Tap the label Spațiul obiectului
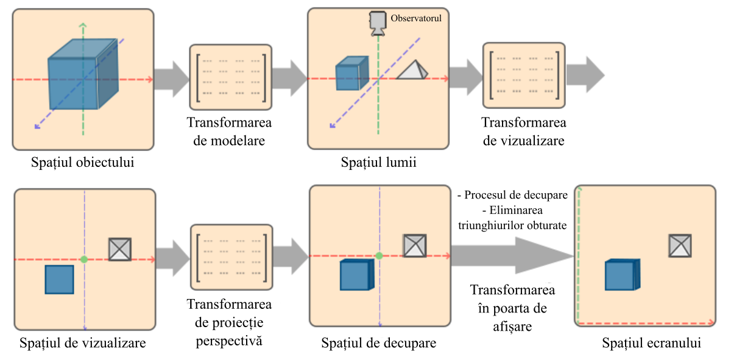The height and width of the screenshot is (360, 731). pos(83,163)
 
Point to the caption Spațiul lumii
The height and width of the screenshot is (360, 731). pos(378,163)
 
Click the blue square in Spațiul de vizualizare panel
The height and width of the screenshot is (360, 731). pos(60,280)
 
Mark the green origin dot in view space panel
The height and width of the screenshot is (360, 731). pos(85,259)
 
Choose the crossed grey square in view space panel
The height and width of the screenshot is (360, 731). pos(120,249)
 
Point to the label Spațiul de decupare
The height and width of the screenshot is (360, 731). pos(378,343)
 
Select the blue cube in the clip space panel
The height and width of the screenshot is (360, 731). pos(355,274)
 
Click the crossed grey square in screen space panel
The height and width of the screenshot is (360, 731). pos(680,245)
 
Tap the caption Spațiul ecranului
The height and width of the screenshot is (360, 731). pos(651,343)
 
